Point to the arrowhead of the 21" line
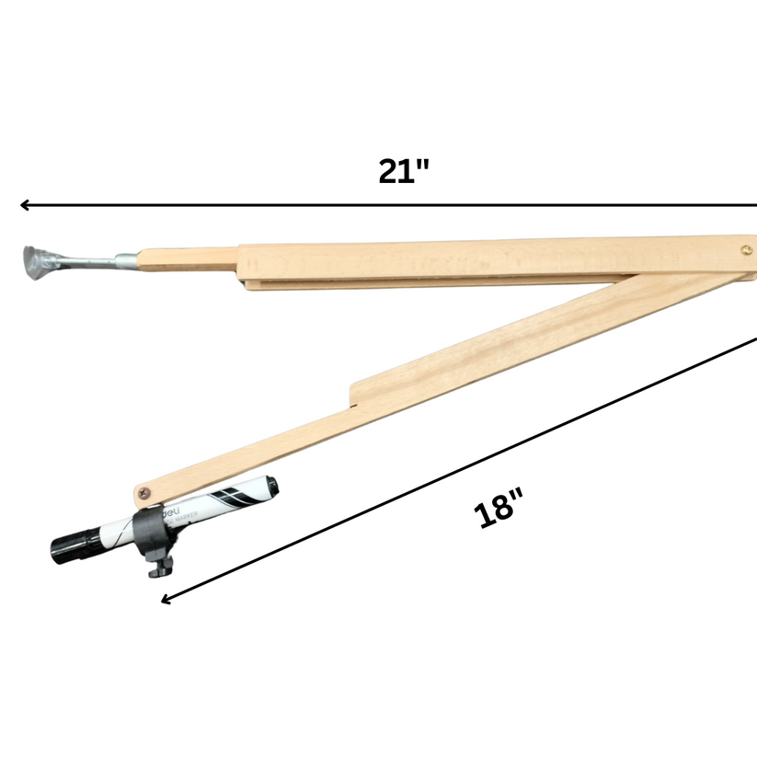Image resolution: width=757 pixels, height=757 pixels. point(24,205)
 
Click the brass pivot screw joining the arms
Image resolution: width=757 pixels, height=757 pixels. point(746,248)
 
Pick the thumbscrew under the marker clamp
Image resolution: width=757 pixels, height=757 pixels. point(156,568)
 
